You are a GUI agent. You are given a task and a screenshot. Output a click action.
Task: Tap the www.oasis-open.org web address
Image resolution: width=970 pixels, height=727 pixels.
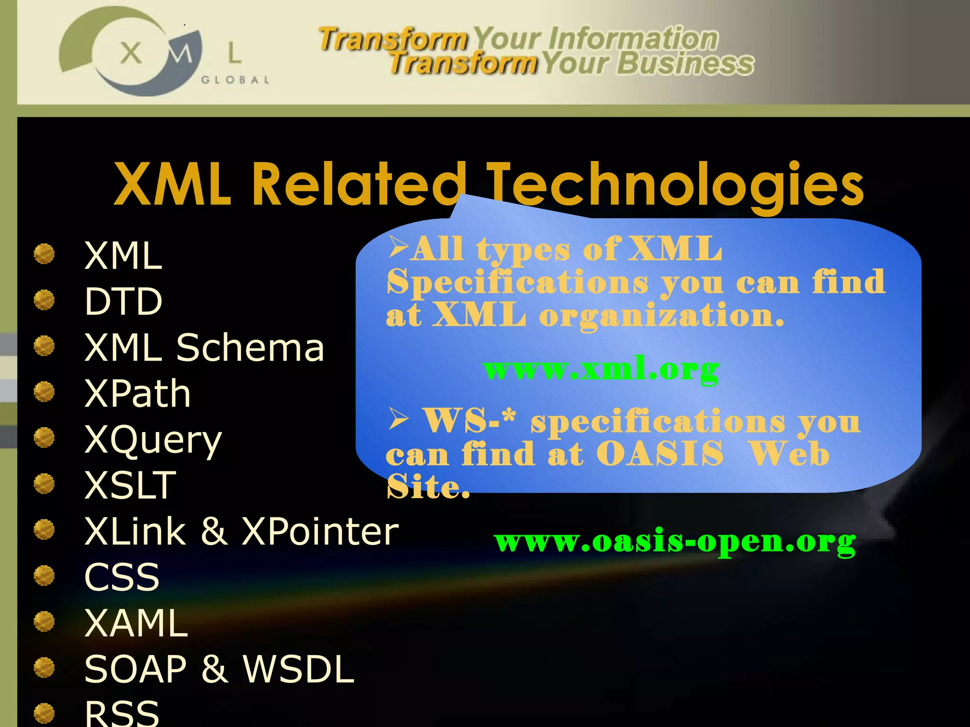click(x=674, y=541)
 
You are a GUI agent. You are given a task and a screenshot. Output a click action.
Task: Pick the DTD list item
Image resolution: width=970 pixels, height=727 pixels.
click(x=123, y=301)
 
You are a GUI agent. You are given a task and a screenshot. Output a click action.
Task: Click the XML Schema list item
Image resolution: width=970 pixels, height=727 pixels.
click(x=204, y=347)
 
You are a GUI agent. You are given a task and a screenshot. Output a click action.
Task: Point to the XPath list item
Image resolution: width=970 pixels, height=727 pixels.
click(x=137, y=393)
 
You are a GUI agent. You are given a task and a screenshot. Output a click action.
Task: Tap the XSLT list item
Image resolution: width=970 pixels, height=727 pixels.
click(x=130, y=485)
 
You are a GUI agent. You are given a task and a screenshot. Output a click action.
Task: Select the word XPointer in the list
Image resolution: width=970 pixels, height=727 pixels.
click(x=320, y=531)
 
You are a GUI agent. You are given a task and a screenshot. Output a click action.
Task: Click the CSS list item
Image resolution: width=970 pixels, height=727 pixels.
click(x=122, y=577)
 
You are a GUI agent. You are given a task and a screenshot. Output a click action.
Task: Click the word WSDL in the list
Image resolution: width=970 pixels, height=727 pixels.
click(x=298, y=669)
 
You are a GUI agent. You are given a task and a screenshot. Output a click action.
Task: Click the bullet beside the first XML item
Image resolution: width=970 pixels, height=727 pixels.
click(x=45, y=254)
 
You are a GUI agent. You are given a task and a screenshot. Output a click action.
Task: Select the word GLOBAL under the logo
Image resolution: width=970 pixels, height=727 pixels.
click(x=235, y=80)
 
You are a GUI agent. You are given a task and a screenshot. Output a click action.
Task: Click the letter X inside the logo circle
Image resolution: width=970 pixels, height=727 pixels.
click(x=131, y=53)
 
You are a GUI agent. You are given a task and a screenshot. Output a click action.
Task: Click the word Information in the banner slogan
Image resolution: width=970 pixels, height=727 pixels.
click(x=633, y=39)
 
